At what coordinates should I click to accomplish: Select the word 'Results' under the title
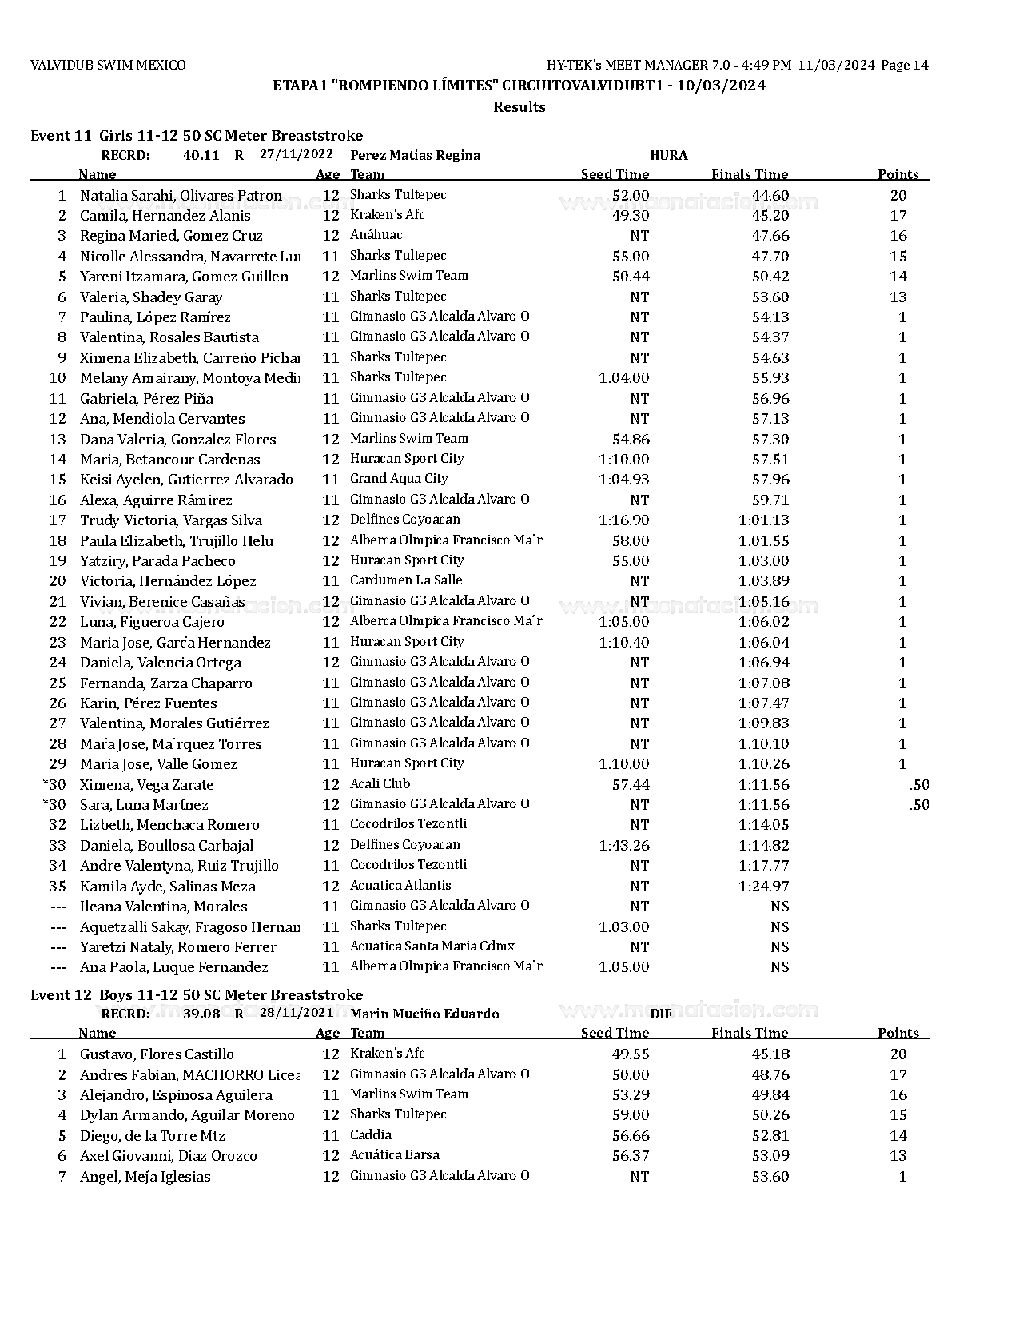coord(519,107)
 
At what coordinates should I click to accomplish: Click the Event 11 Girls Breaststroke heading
coord(196,136)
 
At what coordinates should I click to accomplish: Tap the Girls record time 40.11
coord(201,155)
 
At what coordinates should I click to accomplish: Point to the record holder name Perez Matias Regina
coord(415,155)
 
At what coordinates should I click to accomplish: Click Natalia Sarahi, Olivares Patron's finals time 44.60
coord(770,196)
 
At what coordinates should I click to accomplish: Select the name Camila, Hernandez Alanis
coord(165,216)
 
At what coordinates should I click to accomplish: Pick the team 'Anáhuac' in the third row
coord(376,235)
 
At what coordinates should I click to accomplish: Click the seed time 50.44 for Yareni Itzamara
coord(631,277)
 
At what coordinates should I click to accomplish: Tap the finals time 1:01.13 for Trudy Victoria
coord(763,520)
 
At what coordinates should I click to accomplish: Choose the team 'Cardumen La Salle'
coord(406,580)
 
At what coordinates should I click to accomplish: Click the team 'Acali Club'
coord(380,784)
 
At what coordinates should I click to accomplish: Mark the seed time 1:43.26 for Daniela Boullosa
coord(623,846)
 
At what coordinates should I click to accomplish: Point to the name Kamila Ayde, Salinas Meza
coord(167,887)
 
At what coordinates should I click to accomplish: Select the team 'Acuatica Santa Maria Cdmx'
coord(432,946)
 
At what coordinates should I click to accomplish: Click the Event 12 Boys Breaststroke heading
coord(196,995)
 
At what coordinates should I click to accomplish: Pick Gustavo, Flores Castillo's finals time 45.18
coord(770,1054)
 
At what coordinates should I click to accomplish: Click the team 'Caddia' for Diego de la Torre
coord(371,1135)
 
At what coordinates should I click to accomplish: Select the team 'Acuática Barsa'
coord(394,1155)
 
